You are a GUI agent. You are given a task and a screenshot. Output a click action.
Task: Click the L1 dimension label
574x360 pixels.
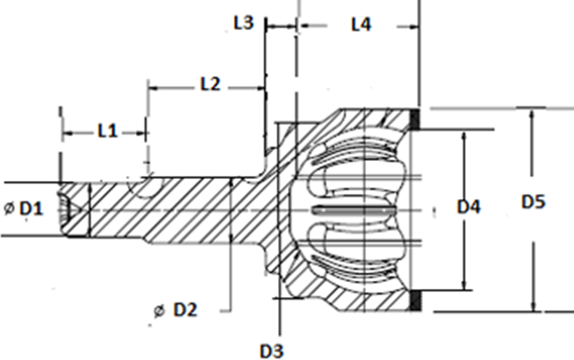pyautogui.click(x=107, y=131)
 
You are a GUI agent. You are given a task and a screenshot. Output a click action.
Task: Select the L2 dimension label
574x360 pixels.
pyautogui.click(x=210, y=85)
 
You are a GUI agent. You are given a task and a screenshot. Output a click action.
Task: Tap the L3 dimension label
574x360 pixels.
pyautogui.click(x=244, y=23)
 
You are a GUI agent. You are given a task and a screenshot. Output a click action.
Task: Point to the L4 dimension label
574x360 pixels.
pyautogui.click(x=361, y=25)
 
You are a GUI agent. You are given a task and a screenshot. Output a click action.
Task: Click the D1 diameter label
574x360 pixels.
pyautogui.click(x=31, y=208)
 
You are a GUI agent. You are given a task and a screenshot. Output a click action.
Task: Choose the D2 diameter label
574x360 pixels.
pyautogui.click(x=186, y=310)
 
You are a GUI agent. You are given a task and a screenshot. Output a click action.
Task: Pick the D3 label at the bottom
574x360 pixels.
pyautogui.click(x=272, y=351)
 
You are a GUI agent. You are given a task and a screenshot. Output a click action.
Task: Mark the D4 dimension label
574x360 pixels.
pyautogui.click(x=469, y=207)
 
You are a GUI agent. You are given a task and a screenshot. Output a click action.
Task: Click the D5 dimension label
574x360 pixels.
pyautogui.click(x=533, y=202)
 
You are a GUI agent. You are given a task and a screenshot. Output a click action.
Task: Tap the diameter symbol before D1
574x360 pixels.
pyautogui.click(x=9, y=208)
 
